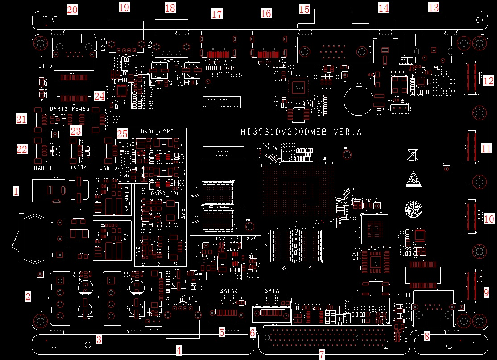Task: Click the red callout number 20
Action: pos(72,9)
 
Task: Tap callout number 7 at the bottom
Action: pos(322,355)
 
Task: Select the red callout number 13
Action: pos(434,7)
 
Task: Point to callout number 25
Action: pos(122,133)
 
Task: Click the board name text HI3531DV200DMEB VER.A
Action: pos(301,132)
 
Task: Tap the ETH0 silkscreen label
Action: pos(45,66)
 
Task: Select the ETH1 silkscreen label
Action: pos(404,295)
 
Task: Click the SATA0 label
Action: pos(230,290)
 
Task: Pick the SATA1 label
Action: pos(273,290)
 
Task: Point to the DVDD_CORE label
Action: pos(157,132)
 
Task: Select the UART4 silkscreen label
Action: pos(78,168)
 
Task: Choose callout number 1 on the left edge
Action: pos(16,192)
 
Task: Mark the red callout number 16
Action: pos(265,13)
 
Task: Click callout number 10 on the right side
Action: pos(489,219)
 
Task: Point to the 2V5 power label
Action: pos(251,239)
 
